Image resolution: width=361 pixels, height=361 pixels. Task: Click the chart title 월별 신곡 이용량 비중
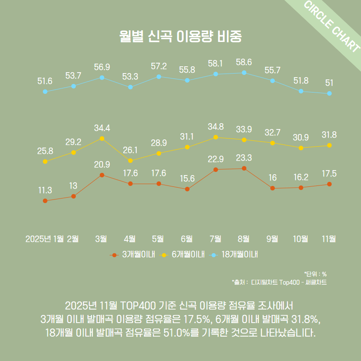(x=180, y=36)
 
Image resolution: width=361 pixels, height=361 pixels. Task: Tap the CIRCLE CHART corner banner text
(x=332, y=27)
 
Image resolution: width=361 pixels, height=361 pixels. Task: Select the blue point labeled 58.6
(x=244, y=72)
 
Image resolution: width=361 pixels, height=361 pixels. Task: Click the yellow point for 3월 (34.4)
(x=102, y=139)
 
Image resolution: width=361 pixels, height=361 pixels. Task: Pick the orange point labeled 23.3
(x=244, y=168)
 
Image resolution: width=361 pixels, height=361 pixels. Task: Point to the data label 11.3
(x=45, y=190)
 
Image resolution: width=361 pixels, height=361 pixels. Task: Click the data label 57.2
(x=159, y=66)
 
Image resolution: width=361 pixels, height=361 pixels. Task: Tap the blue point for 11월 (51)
(x=329, y=93)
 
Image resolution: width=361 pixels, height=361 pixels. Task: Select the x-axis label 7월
(x=216, y=239)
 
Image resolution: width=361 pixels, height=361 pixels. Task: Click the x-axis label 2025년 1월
(x=45, y=239)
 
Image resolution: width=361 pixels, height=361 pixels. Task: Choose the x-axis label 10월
(x=301, y=239)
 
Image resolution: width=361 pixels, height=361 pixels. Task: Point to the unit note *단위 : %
(x=315, y=274)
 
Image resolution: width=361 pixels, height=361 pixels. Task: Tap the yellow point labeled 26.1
(x=130, y=161)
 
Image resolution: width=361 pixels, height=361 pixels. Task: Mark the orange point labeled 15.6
(x=187, y=189)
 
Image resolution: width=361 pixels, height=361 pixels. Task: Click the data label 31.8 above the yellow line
(x=329, y=134)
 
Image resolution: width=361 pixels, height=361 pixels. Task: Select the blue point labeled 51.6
(x=45, y=92)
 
